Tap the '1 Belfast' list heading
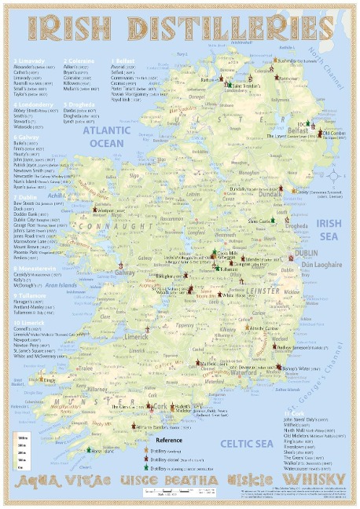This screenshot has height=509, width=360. coord(124,59)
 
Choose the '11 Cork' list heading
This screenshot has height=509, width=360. coord(295,412)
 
